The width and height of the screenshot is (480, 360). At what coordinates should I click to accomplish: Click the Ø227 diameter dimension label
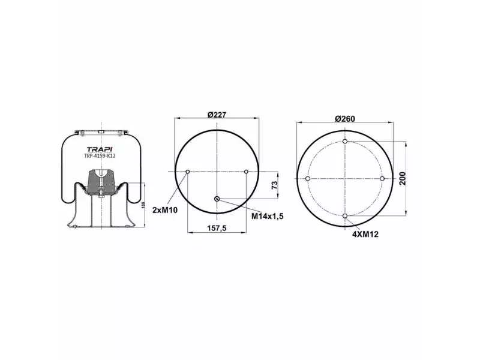(x=217, y=115)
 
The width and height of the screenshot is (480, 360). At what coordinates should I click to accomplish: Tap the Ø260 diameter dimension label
(x=344, y=119)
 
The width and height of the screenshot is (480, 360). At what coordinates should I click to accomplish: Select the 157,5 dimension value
(x=217, y=228)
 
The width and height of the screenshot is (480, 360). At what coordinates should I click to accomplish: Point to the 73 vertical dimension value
(x=275, y=185)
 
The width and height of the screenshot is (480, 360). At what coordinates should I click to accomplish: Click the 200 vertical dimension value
(x=403, y=178)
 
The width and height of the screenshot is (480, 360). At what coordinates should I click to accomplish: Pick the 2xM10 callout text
(x=165, y=210)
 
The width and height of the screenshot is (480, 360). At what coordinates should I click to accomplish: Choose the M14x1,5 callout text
(x=268, y=216)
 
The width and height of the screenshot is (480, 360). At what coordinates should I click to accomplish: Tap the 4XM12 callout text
(x=365, y=235)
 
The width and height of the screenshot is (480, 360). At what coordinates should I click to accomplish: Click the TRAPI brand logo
(x=100, y=149)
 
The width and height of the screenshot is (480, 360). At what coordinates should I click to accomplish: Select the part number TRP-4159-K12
(x=100, y=156)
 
